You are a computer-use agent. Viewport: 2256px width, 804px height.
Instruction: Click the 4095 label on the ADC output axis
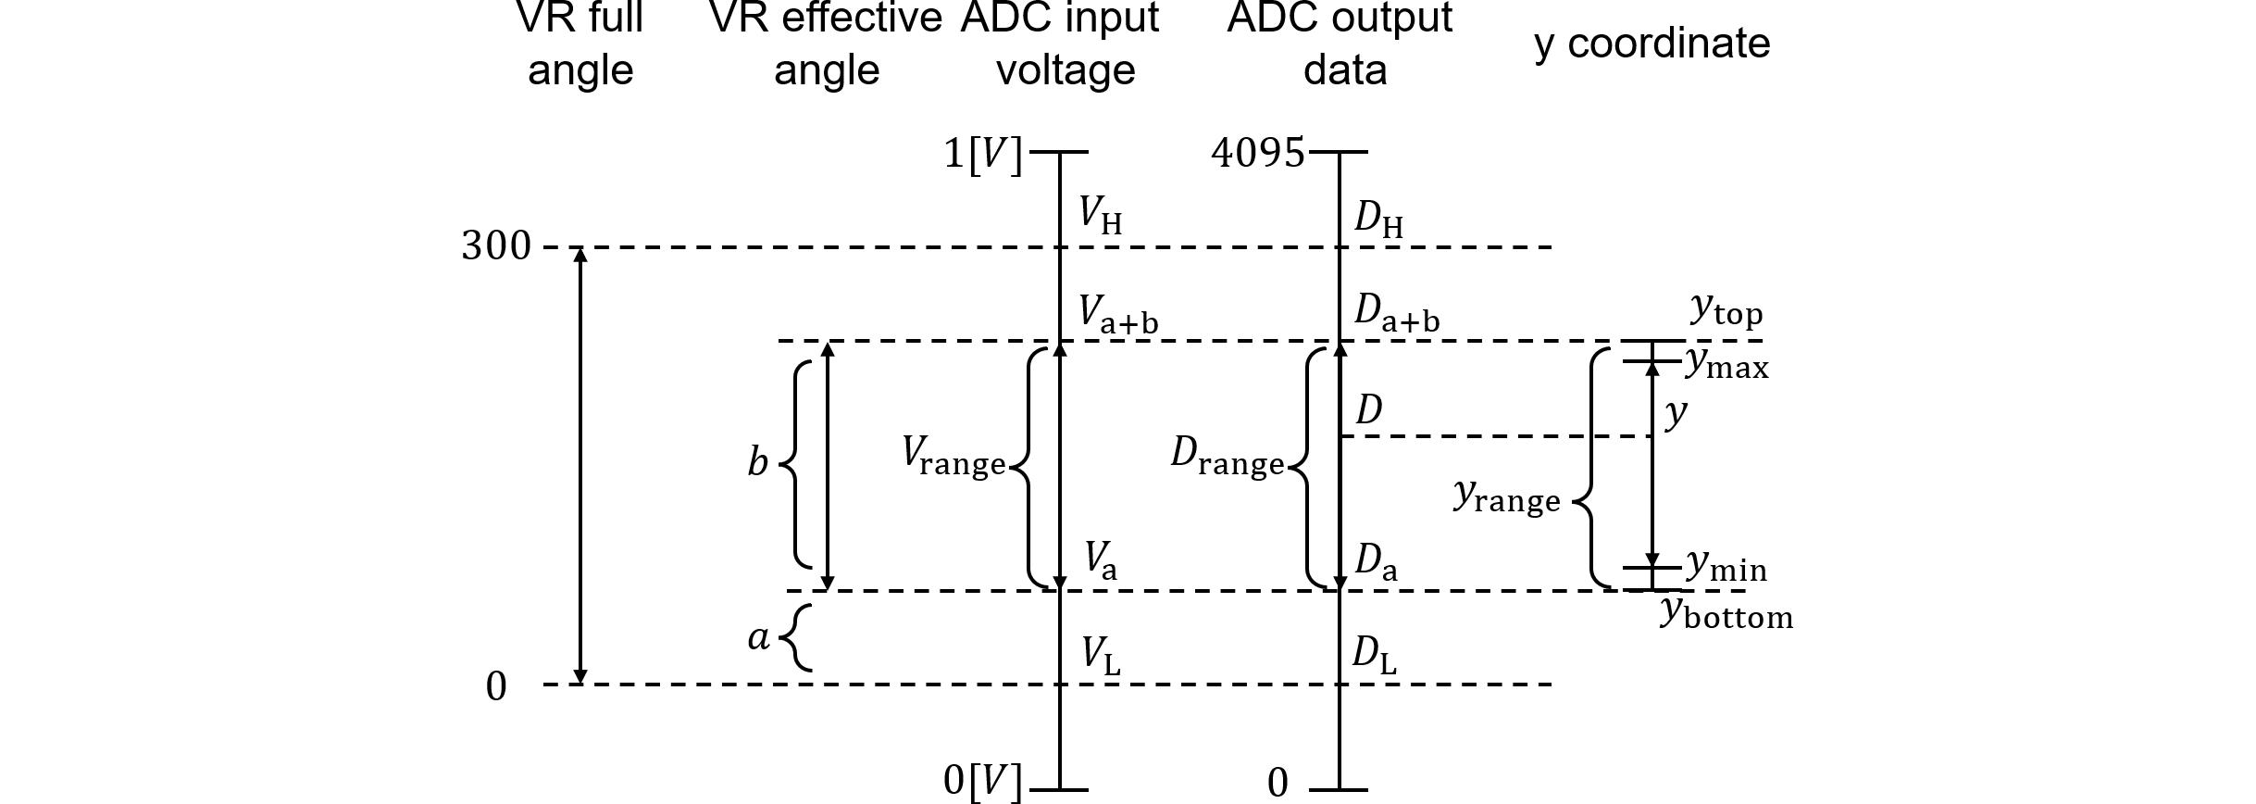1257,153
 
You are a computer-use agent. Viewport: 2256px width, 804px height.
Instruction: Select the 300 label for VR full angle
497,246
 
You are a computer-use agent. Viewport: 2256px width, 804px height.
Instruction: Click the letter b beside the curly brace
757,461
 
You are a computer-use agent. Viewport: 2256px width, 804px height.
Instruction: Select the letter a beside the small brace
758,636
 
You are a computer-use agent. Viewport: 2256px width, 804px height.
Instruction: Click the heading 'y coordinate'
1651,43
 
